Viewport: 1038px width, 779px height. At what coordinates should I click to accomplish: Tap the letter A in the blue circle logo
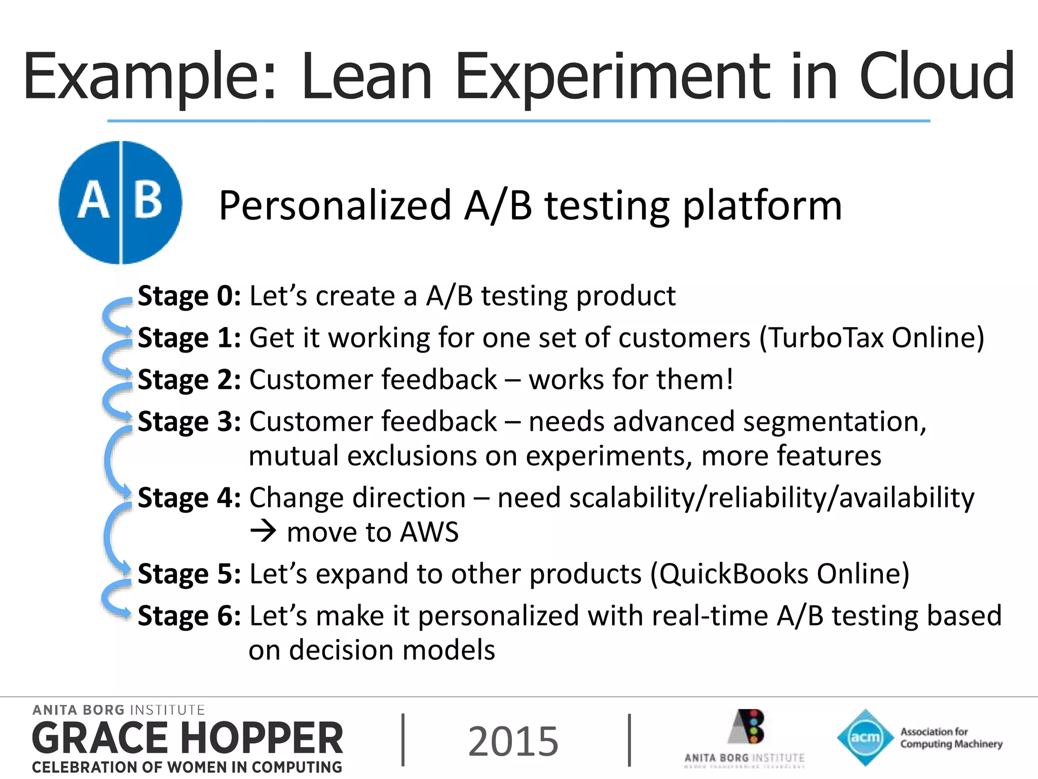93,201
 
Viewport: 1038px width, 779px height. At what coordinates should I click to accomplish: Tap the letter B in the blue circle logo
148,201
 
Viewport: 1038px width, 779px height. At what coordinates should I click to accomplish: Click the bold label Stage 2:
189,380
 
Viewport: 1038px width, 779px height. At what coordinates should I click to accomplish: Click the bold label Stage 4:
189,498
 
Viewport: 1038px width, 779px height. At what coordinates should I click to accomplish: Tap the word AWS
429,533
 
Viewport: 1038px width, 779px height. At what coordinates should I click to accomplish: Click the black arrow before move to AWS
264,532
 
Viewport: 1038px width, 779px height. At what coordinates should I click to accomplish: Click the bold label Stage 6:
189,616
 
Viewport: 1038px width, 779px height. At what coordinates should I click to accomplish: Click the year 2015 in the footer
513,741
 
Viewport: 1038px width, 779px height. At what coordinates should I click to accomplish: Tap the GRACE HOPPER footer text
188,738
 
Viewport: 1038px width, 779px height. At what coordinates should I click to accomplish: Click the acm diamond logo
865,737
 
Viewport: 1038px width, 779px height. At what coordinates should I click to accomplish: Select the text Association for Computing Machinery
951,738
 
